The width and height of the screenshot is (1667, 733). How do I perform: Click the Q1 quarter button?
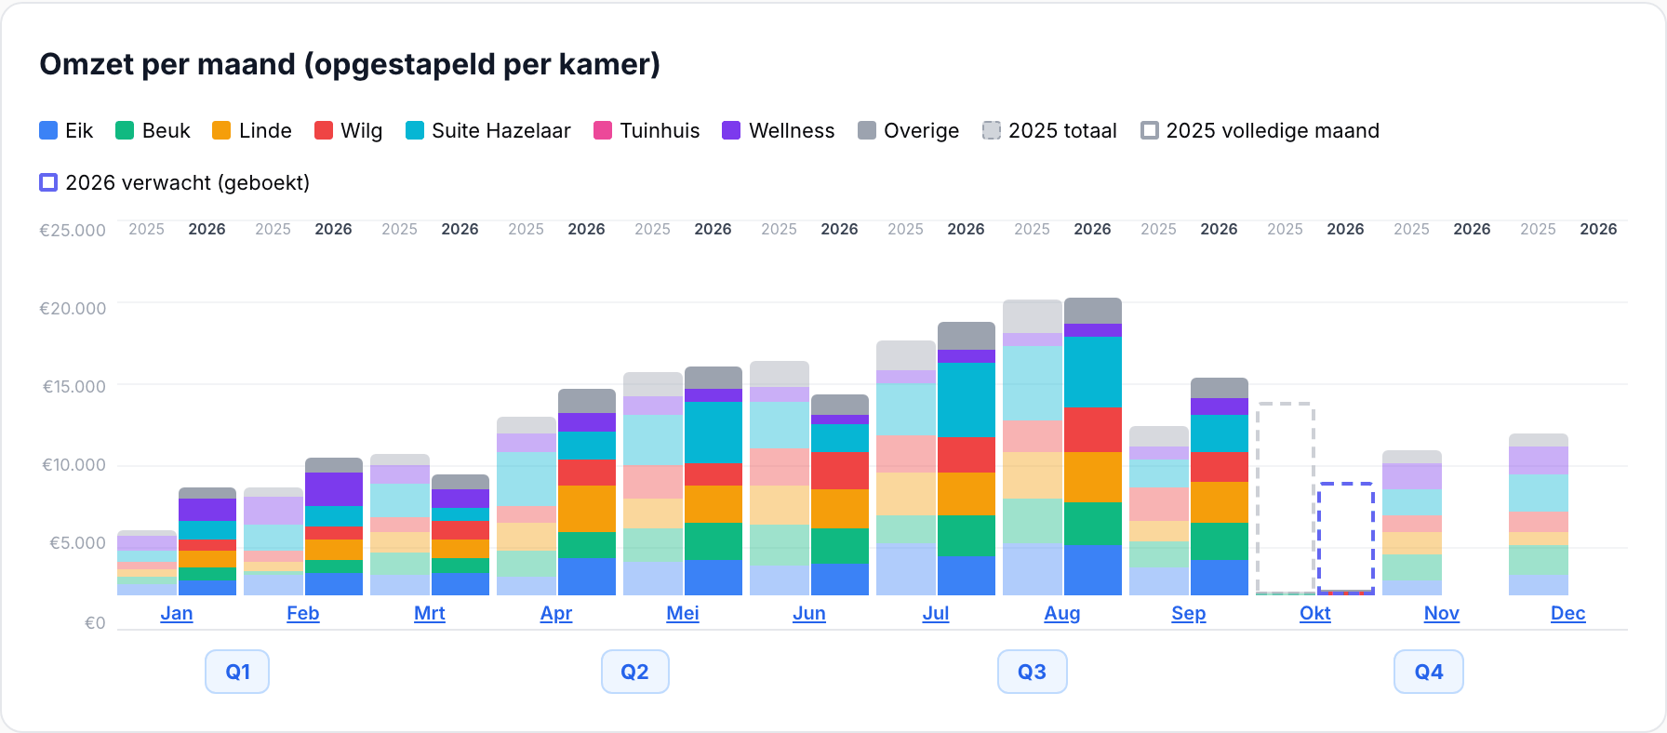coord(237,672)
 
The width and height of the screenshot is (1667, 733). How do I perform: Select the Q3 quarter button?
coord(1032,672)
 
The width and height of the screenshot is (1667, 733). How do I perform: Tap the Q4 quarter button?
coord(1429,672)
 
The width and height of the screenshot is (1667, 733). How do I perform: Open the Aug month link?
coord(1062,613)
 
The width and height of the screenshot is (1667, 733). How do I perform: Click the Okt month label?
coord(1315,613)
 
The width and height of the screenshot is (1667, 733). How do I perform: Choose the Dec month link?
coord(1568,613)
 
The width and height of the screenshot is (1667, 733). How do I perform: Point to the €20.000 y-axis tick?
coord(73,308)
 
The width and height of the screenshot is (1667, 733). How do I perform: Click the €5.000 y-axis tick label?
coord(77,542)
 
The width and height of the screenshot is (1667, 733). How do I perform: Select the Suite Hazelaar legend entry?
coord(488,130)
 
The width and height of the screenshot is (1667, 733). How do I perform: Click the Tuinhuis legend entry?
coord(647,130)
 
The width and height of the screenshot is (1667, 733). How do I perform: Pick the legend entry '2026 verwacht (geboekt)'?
coord(175,182)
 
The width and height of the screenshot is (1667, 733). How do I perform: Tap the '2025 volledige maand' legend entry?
coord(1260,130)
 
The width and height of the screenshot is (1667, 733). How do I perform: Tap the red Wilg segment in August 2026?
coord(1093,430)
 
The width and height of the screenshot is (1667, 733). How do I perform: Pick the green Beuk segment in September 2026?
coord(1220,541)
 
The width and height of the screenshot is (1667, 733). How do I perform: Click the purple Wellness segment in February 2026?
coord(334,489)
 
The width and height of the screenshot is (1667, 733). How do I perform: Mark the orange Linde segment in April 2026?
coord(587,509)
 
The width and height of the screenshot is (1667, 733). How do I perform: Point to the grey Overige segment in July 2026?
coord(967,336)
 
